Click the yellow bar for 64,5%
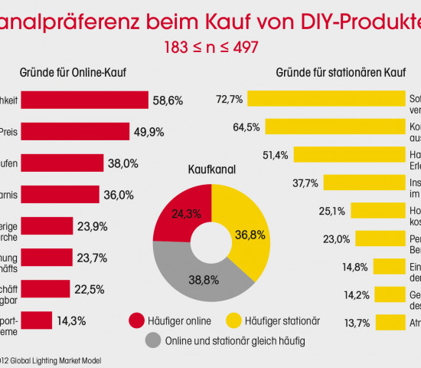point(335,127)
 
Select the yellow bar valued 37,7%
point(364,182)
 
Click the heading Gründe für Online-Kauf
point(72,74)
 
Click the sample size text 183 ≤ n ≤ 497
point(210,47)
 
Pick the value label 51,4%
point(275,155)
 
